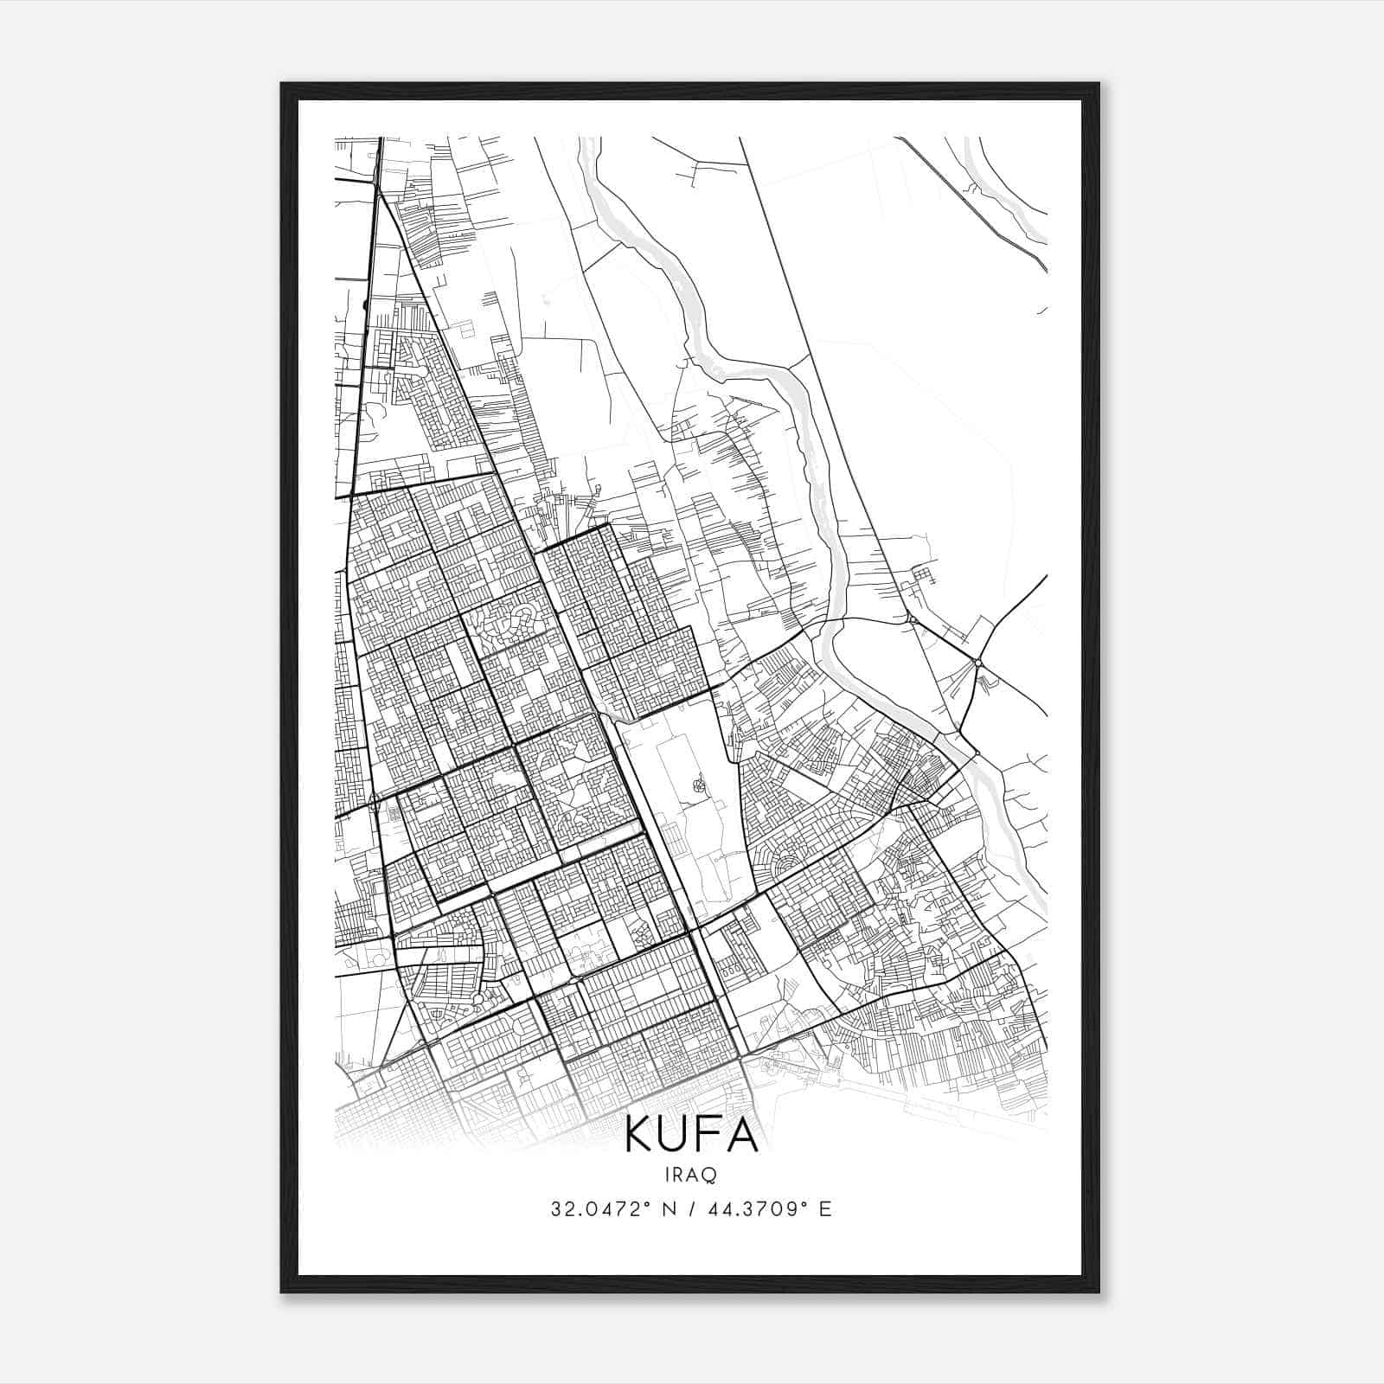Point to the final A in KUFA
coord(743,1137)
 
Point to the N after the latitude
coord(668,1209)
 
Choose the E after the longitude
coord(825,1209)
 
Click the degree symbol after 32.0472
coord(646,1203)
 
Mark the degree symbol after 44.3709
coord(804,1203)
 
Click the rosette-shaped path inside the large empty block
coord(697,785)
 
